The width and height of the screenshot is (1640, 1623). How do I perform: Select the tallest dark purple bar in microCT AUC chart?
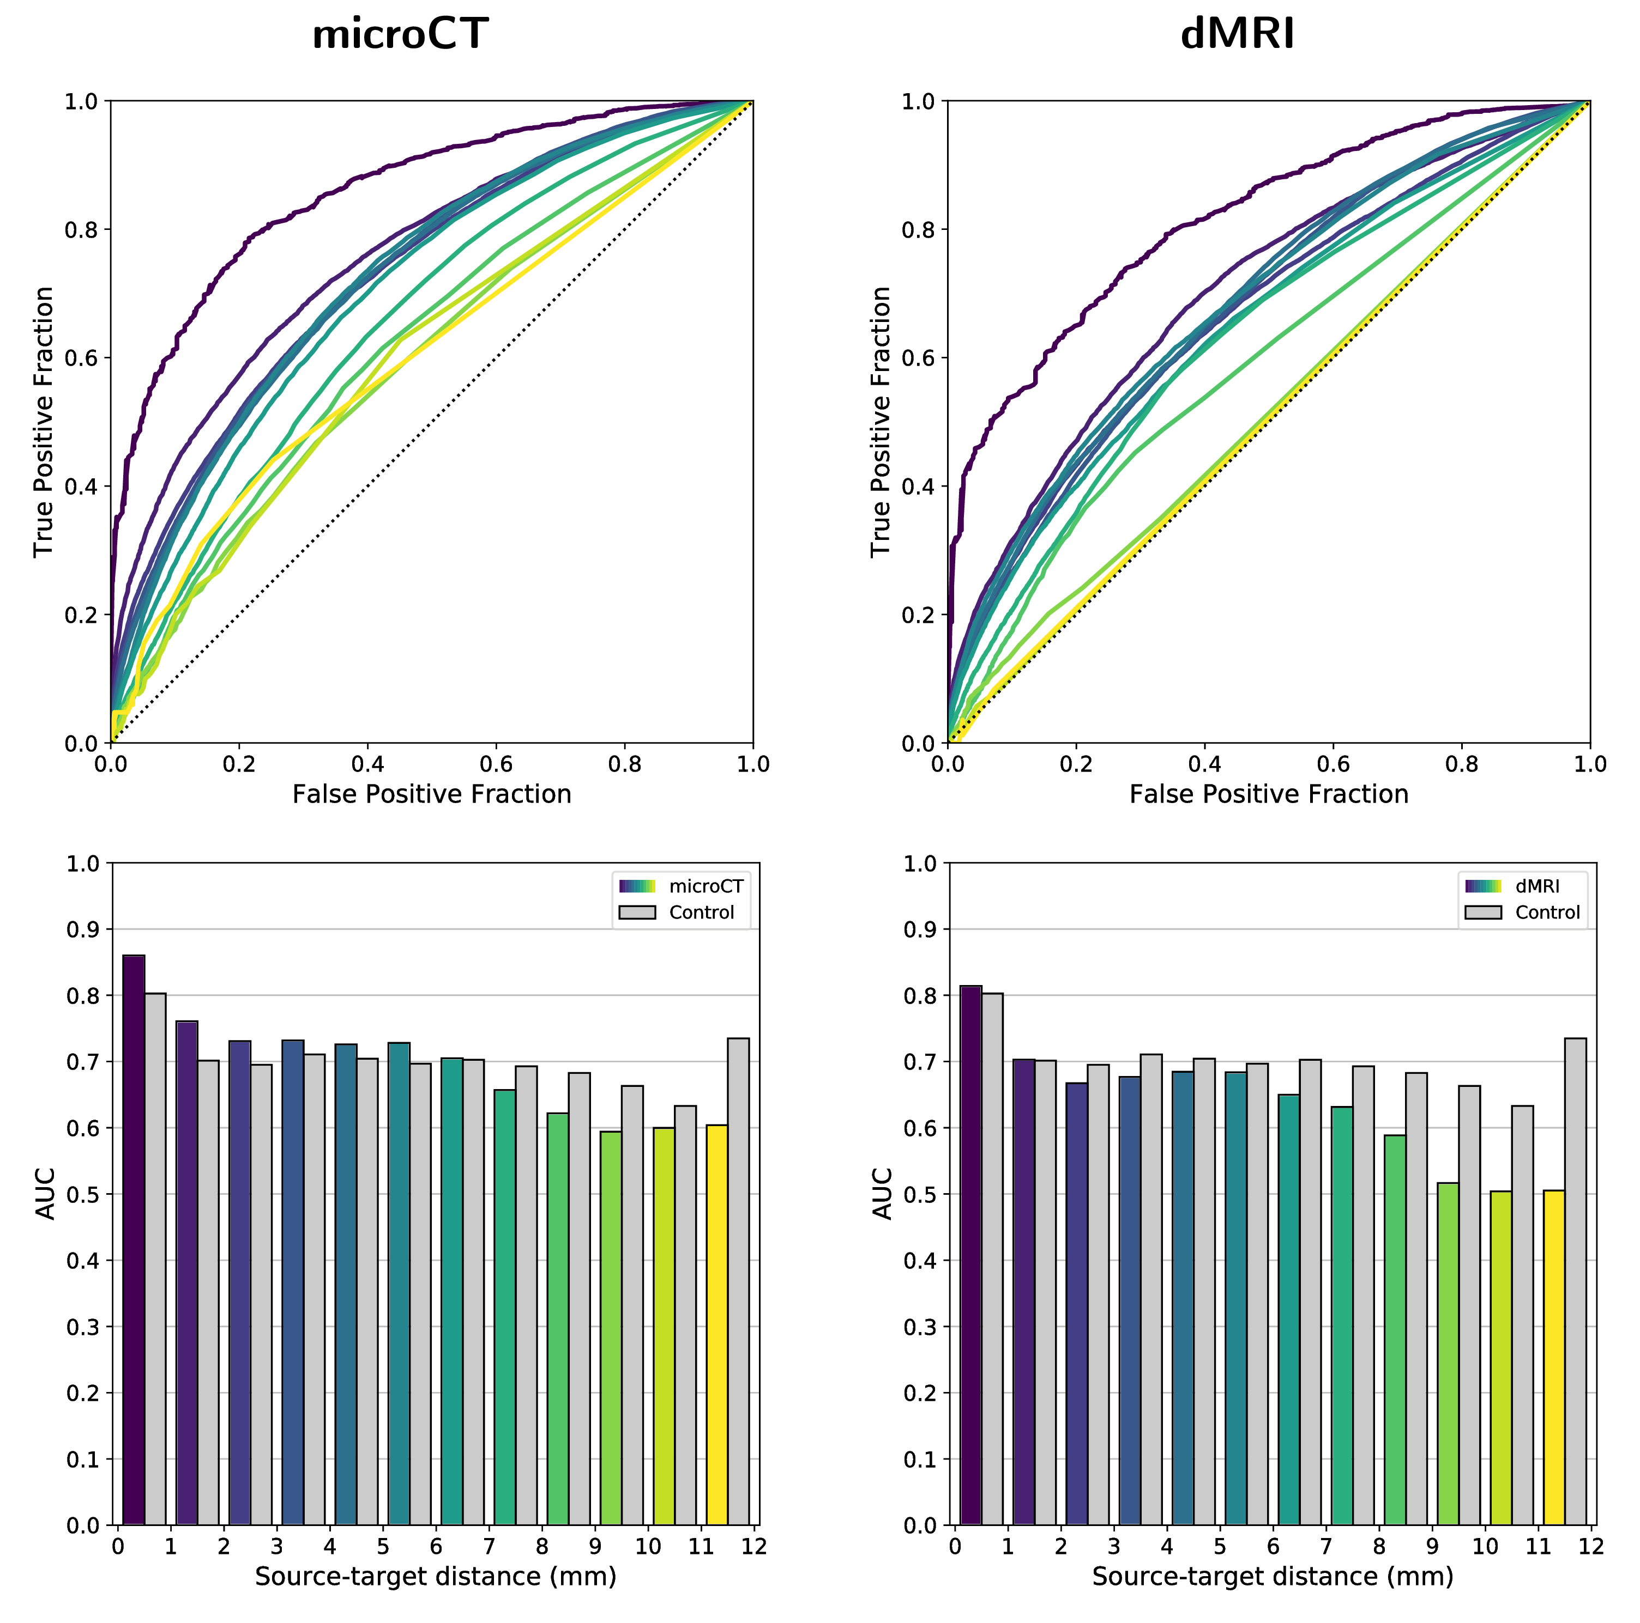coord(133,1239)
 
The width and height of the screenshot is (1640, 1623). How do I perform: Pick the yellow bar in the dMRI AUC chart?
coord(1553,1358)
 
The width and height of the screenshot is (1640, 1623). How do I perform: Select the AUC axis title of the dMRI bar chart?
coord(883,1194)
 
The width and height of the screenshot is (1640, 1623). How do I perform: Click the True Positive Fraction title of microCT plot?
coord(44,422)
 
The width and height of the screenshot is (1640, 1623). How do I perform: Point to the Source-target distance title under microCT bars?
coord(436,1576)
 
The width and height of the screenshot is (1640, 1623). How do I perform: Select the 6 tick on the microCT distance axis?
coord(436,1547)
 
